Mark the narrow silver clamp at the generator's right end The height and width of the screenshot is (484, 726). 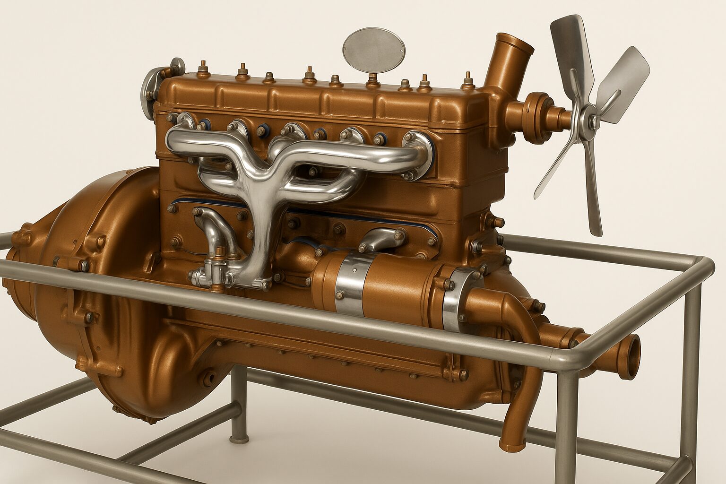click(x=454, y=298)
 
